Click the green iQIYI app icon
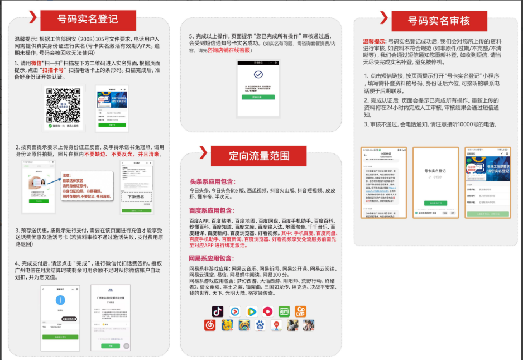tap(285, 311)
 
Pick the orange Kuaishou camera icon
tap(301, 311)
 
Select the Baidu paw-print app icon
tap(260, 325)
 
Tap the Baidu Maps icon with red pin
tap(276, 325)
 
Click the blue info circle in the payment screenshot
tap(59, 299)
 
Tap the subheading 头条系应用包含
tap(212, 181)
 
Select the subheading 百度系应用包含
tap(212, 210)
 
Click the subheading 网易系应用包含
tap(212, 258)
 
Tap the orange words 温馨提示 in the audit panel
tap(374, 41)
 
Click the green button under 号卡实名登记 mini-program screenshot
tap(435, 203)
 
